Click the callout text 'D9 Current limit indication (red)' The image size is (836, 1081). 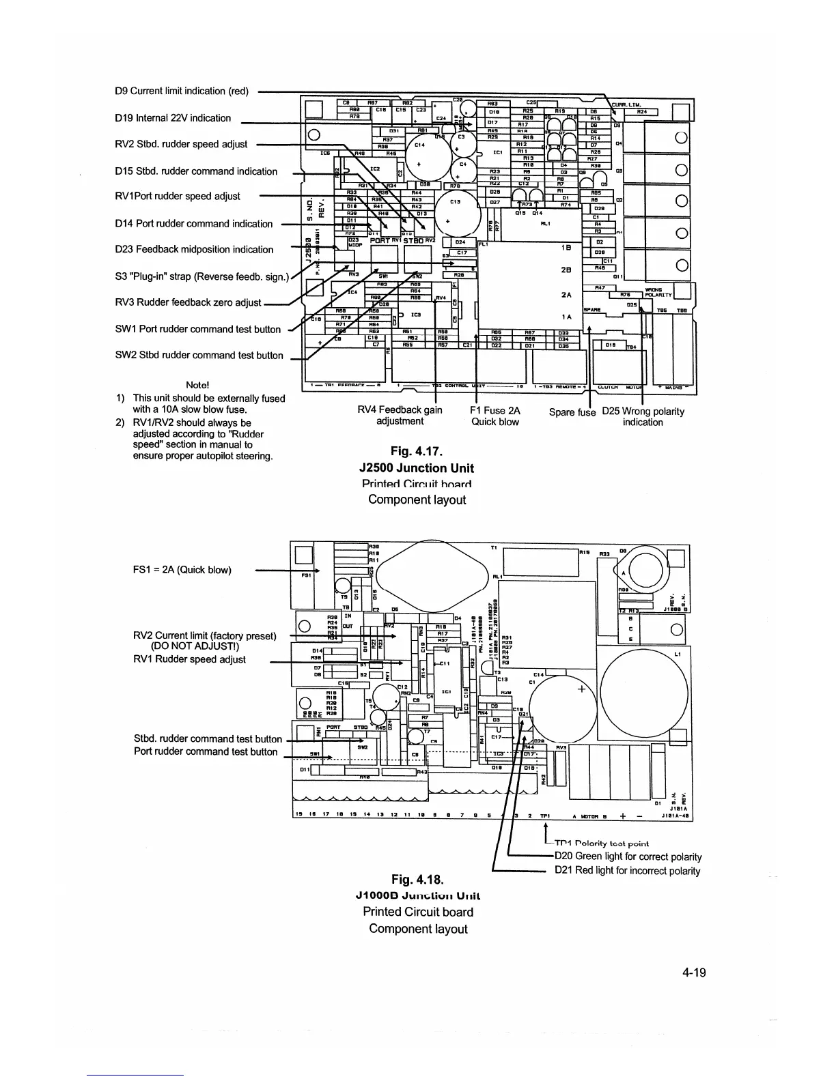tap(182, 91)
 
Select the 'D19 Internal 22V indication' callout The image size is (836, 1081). tap(173, 118)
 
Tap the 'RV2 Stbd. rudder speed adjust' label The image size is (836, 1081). tap(181, 144)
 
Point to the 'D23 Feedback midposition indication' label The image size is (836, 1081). tap(194, 249)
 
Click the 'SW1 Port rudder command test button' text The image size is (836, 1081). tap(197, 329)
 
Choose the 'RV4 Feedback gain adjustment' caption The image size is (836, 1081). tap(400, 416)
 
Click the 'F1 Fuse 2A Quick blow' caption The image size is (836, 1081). tap(495, 416)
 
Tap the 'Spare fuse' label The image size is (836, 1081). tap(572, 412)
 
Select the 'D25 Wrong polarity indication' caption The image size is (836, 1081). tap(643, 416)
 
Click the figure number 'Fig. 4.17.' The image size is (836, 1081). tap(417, 450)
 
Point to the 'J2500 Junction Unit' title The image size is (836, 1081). tap(416, 468)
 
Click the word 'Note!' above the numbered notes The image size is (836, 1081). tap(197, 385)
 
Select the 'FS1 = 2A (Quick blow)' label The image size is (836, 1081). tap(182, 570)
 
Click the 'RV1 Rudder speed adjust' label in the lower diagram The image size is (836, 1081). tap(189, 659)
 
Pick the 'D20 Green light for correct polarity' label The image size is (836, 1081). tap(628, 856)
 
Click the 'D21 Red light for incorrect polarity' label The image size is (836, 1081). tap(627, 870)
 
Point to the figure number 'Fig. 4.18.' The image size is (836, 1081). tap(417, 878)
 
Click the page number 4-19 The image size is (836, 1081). tap(693, 973)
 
